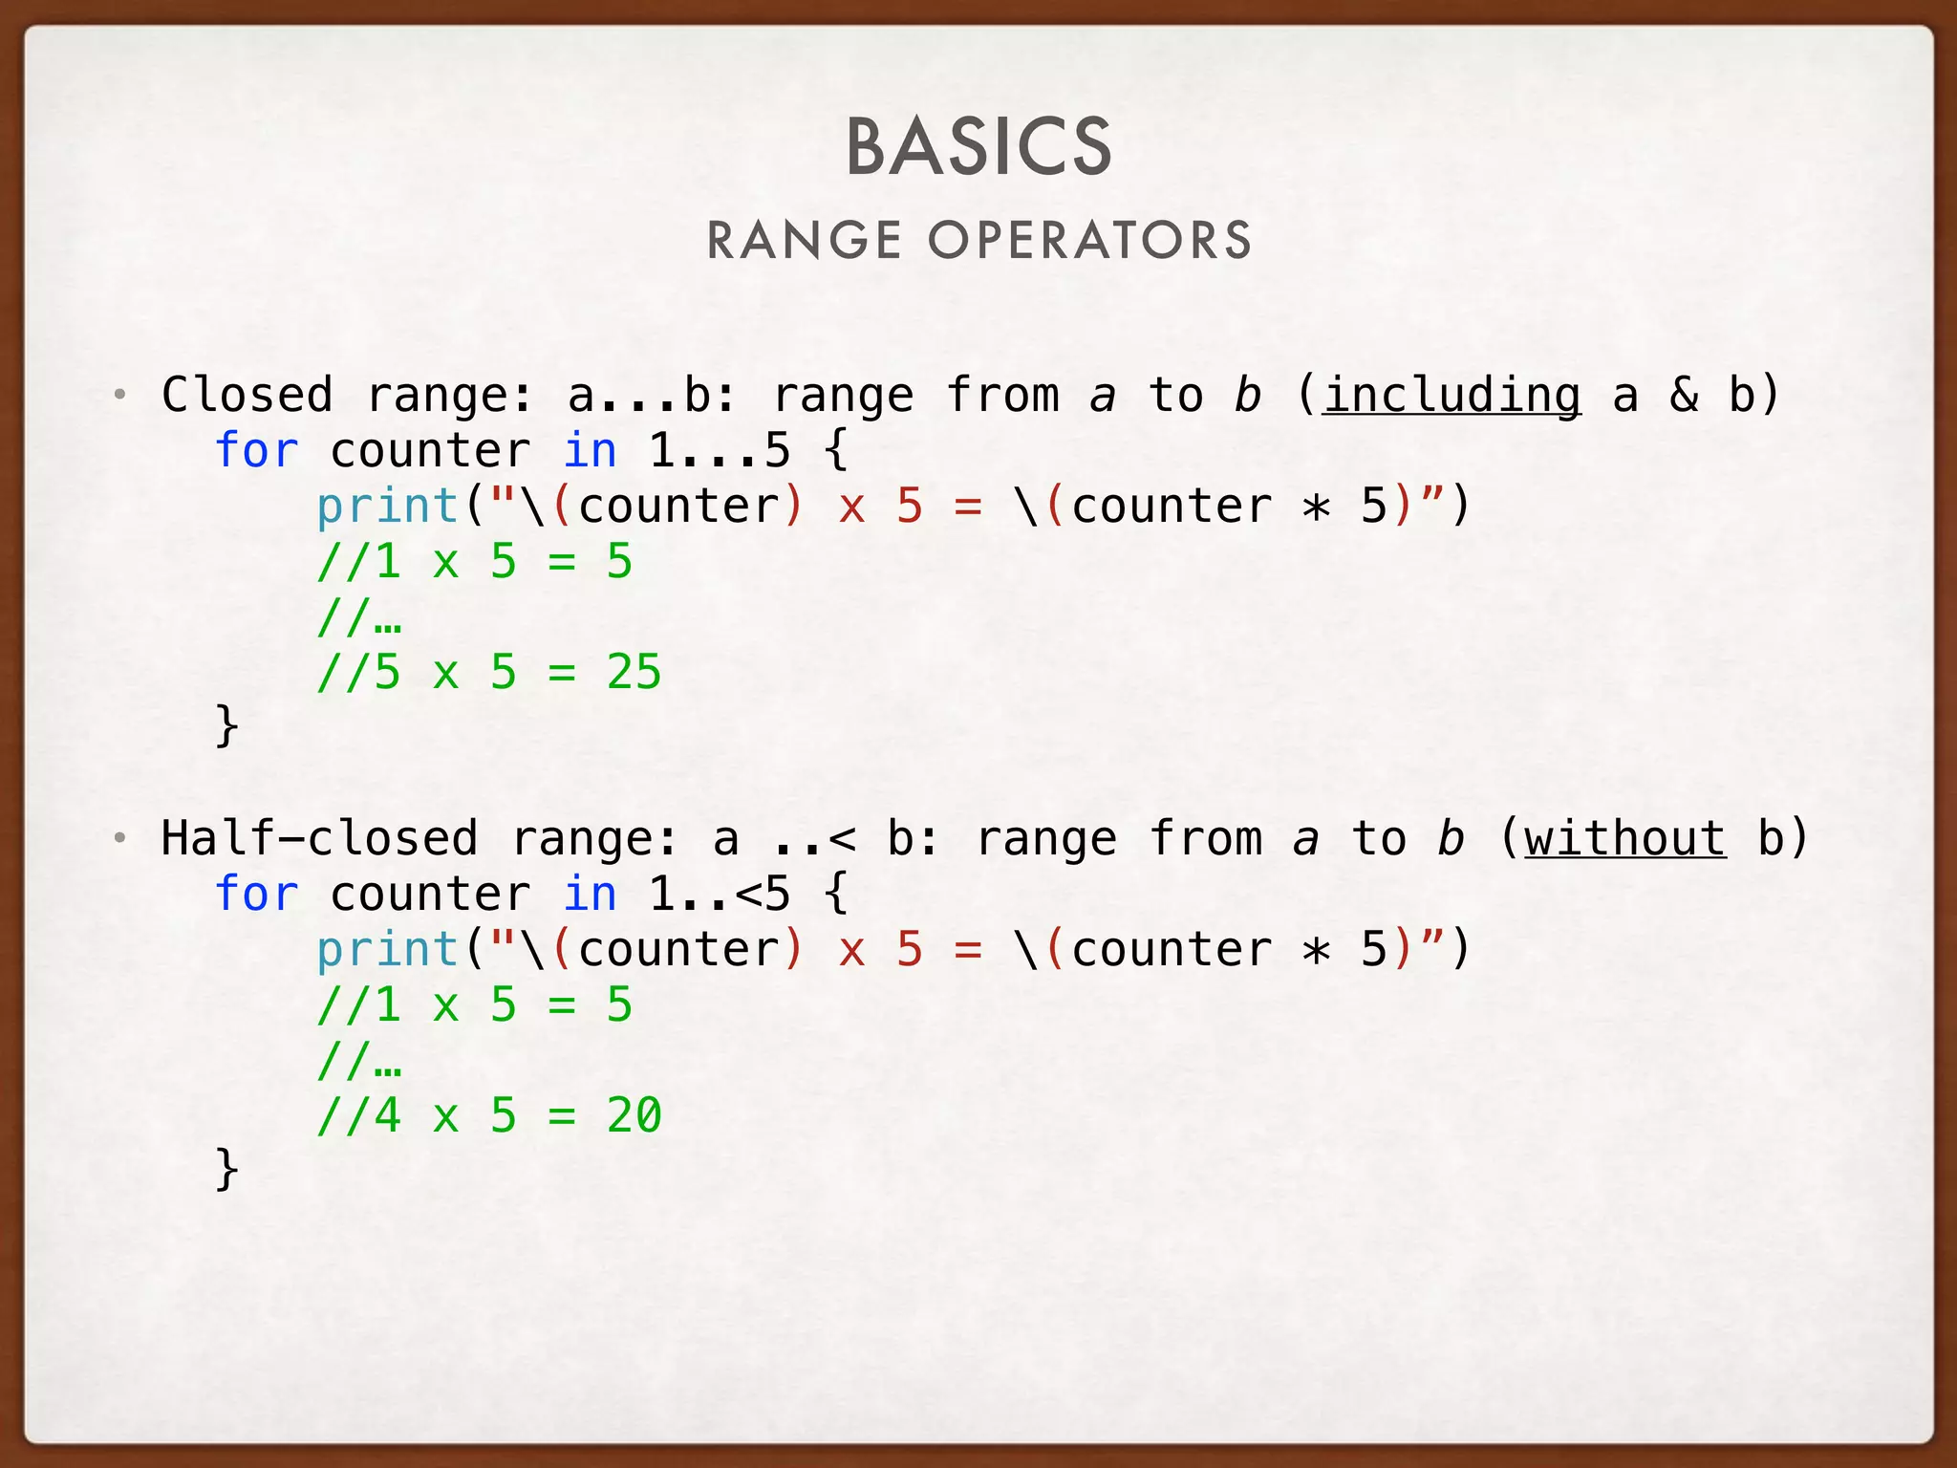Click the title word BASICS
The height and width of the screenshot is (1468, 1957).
click(978, 147)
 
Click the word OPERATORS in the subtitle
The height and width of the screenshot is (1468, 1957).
click(1089, 240)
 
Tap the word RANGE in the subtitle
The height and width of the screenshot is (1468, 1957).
click(805, 240)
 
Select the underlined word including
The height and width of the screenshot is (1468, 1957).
click(1452, 396)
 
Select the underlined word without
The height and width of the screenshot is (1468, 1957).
click(1625, 839)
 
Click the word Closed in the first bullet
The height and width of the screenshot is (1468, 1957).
click(247, 395)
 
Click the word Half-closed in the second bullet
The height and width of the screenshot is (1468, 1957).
click(318, 838)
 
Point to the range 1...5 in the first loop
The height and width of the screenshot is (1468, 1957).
click(720, 450)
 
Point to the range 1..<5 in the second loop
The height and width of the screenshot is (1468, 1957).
click(720, 894)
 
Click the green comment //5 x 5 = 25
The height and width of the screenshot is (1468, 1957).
click(489, 673)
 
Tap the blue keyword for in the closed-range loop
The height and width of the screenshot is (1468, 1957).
click(256, 450)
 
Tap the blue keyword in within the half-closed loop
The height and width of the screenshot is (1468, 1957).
click(590, 894)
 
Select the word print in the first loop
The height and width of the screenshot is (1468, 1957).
click(387, 507)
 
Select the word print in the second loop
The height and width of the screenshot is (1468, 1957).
click(387, 950)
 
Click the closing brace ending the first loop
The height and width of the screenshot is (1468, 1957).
click(226, 726)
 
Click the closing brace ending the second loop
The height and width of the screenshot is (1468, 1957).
click(226, 1170)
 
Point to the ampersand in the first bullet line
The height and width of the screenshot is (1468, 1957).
click(1684, 396)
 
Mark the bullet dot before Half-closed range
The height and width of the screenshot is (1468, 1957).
click(119, 839)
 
